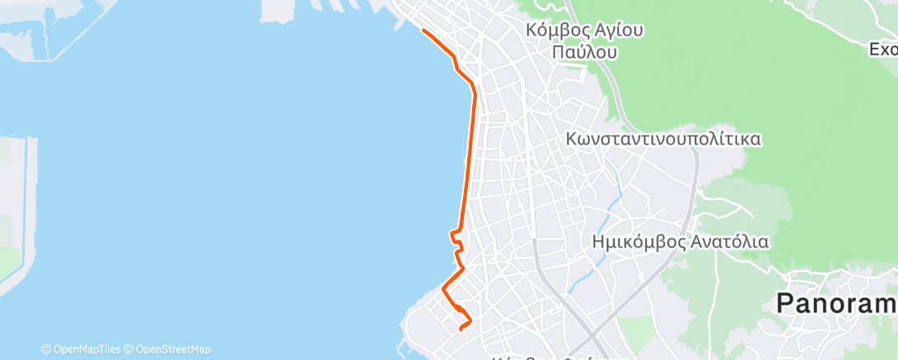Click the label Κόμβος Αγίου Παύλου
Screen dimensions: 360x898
coord(585,41)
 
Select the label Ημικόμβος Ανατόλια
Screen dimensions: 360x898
coord(681,242)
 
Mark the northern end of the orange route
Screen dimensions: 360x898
coord(423,31)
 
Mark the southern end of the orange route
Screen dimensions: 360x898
coord(461,329)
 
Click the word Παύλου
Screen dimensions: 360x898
coord(585,52)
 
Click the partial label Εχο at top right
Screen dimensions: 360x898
coord(882,50)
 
